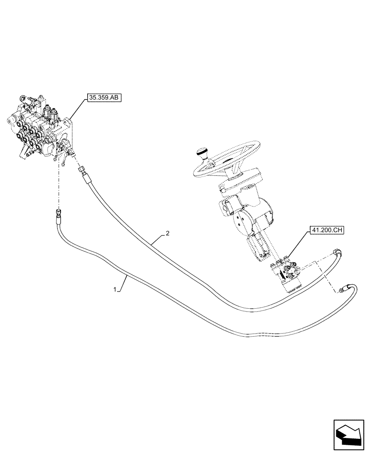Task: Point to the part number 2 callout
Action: pyautogui.click(x=167, y=233)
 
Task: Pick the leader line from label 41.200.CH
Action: pyautogui.click(x=297, y=247)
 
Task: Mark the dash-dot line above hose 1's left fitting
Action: pyautogui.click(x=59, y=185)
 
